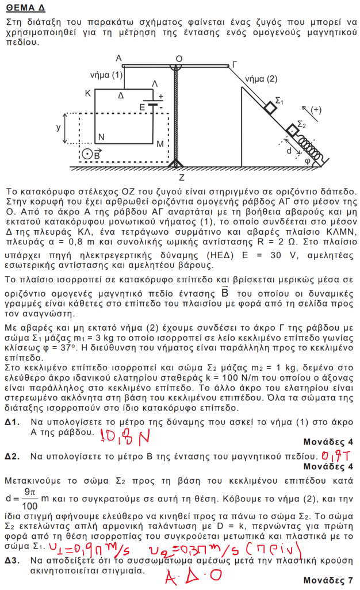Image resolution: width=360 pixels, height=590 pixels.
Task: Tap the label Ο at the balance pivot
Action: click(179, 59)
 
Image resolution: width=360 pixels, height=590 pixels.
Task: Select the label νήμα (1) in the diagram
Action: click(107, 75)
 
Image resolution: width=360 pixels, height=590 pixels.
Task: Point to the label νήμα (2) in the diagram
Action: click(261, 79)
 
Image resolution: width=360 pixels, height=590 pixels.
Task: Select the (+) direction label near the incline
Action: click(316, 109)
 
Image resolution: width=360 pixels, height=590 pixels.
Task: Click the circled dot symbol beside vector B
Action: click(86, 154)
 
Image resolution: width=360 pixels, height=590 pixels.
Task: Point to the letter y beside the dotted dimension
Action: click(58, 128)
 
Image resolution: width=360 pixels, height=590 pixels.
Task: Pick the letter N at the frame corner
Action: click(101, 137)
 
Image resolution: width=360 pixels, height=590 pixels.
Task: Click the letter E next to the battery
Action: click(142, 107)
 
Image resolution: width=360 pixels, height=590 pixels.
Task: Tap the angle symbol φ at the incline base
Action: click(308, 161)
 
